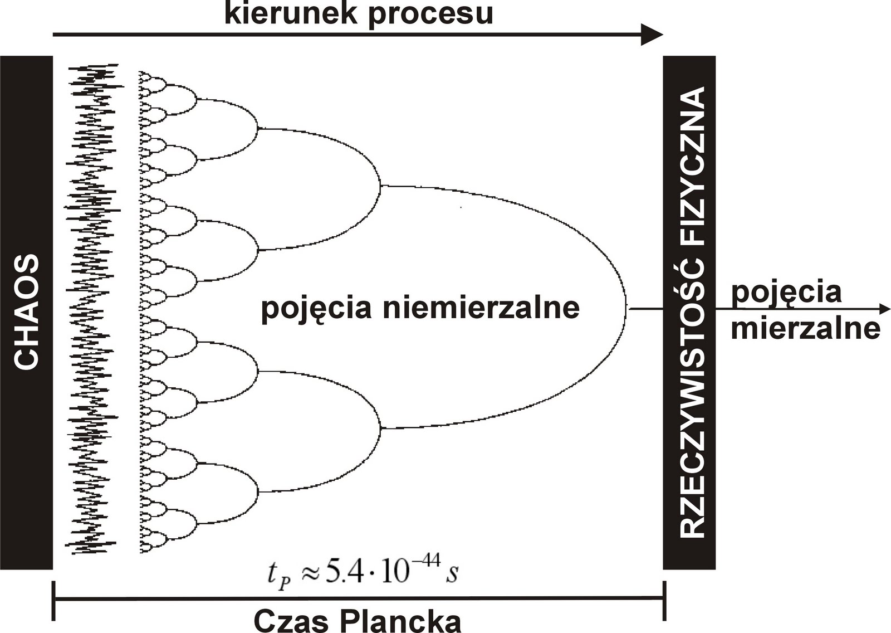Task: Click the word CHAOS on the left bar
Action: coord(26,312)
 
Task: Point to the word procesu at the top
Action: coord(430,14)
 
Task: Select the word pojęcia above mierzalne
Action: coord(786,293)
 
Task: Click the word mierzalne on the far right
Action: coord(805,328)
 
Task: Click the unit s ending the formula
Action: coord(451,574)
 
